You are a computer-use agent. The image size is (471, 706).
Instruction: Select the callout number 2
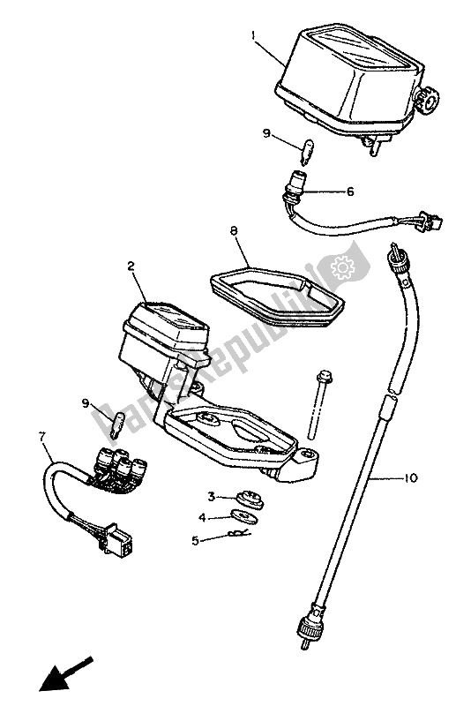tap(131, 267)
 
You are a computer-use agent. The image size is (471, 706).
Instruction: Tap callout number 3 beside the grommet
tap(211, 497)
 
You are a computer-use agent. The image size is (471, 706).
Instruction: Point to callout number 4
tap(203, 518)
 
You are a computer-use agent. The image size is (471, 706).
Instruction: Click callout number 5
tap(195, 540)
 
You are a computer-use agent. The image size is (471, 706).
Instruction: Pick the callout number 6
tap(350, 192)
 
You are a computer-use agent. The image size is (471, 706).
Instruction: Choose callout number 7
tap(42, 436)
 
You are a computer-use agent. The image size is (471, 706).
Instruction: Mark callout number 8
tap(234, 231)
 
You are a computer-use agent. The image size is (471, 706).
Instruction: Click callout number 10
tap(411, 477)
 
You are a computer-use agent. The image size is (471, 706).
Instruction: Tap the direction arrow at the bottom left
tap(66, 673)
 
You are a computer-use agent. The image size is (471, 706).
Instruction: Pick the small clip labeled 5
tap(239, 534)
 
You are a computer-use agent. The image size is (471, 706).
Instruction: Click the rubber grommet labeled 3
tap(250, 500)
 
